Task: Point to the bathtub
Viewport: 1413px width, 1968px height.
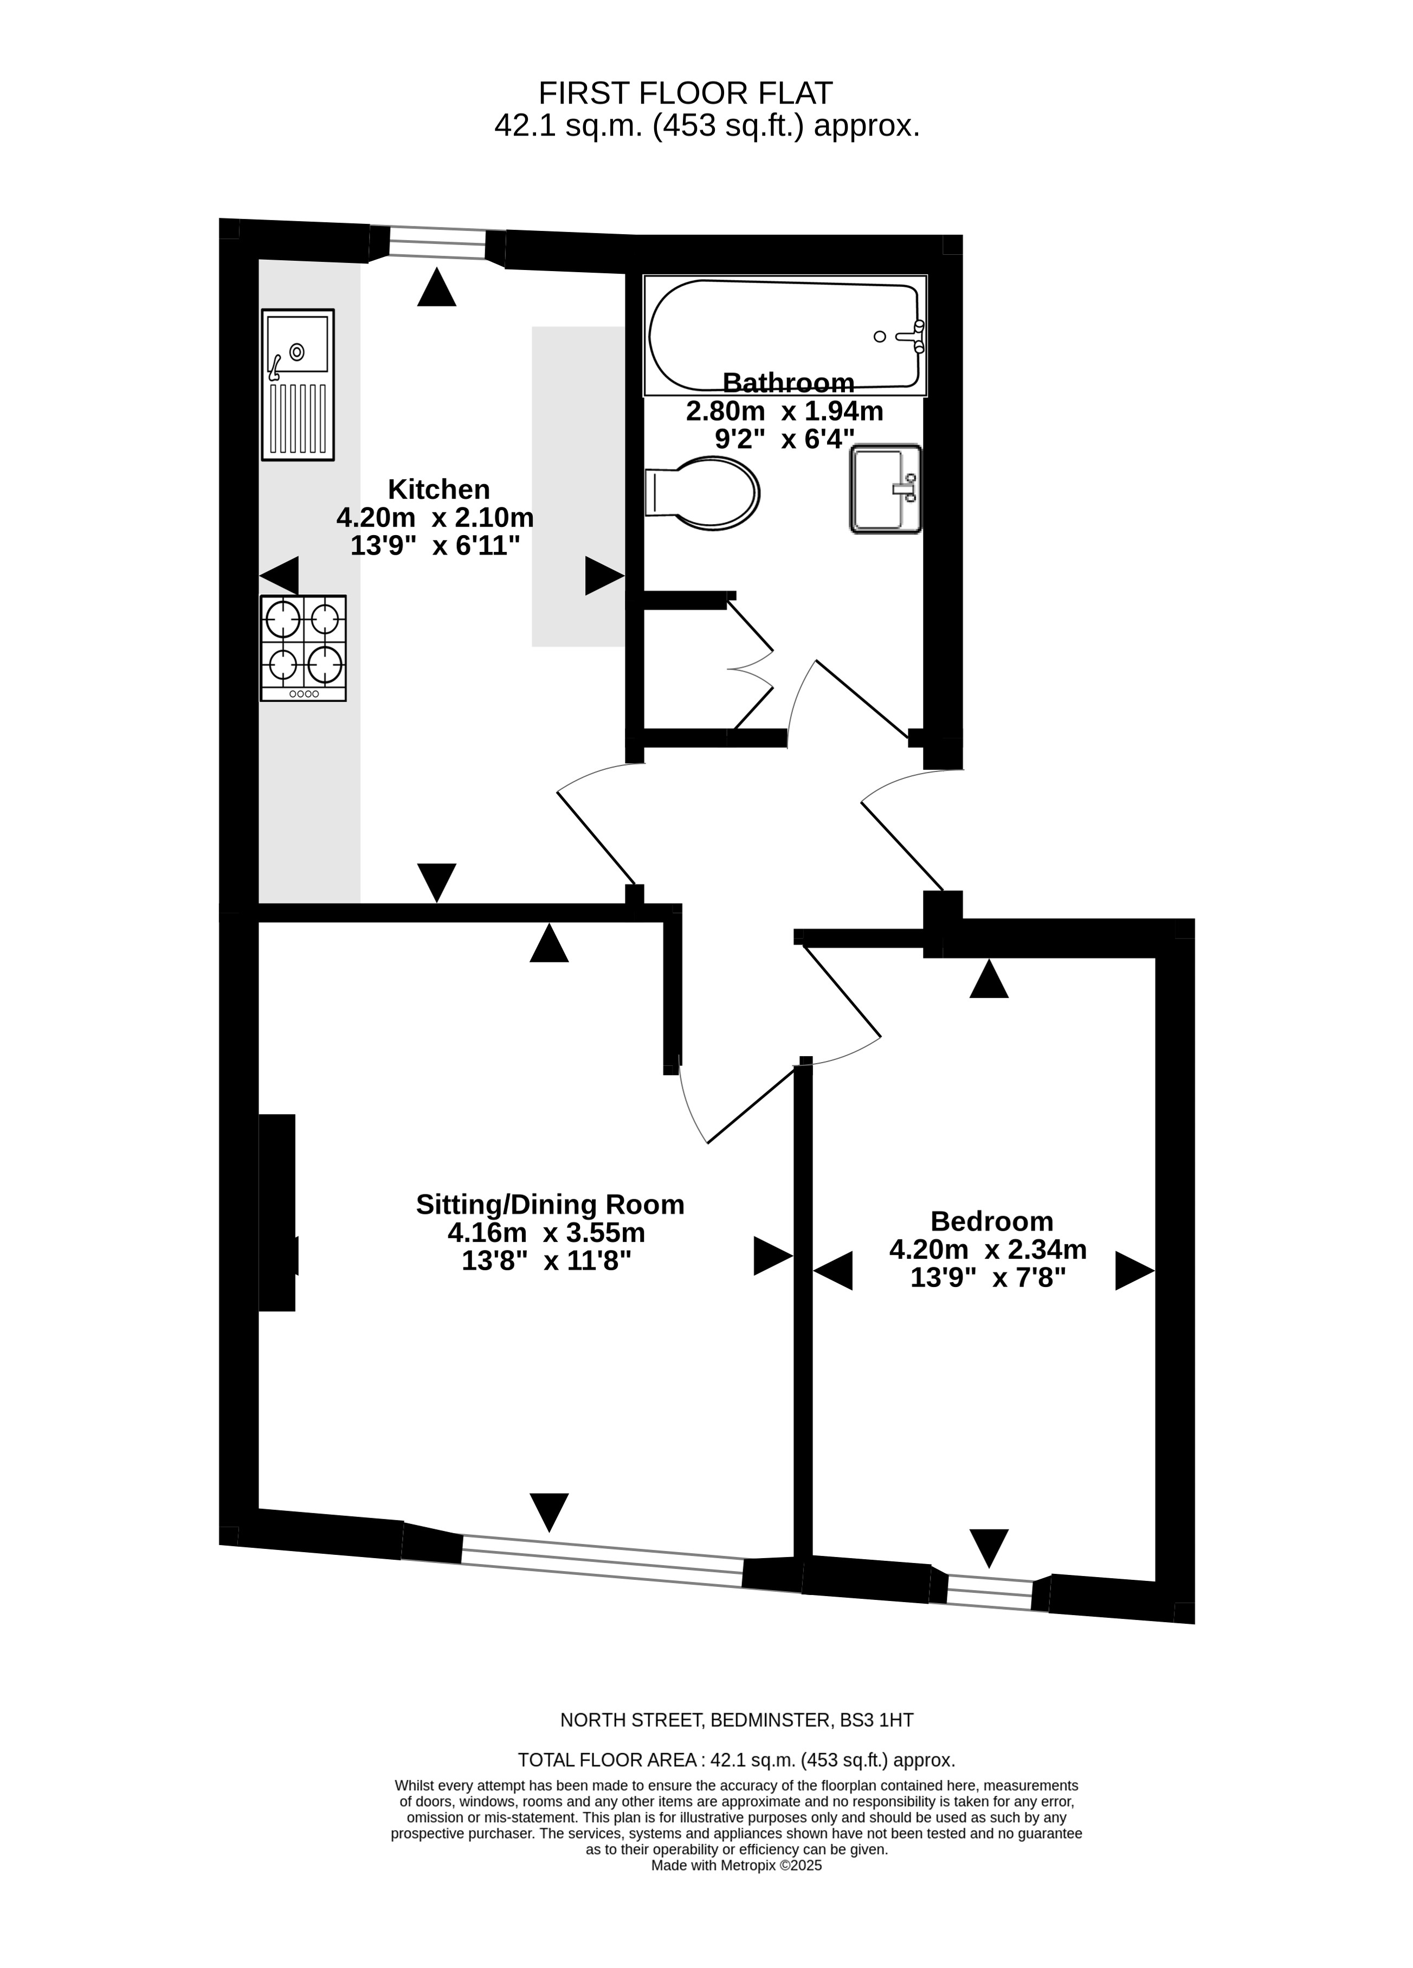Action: pyautogui.click(x=785, y=336)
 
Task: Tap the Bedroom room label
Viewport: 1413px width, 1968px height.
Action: pyautogui.click(x=991, y=1221)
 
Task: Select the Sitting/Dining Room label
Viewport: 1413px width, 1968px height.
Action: pyautogui.click(x=550, y=1205)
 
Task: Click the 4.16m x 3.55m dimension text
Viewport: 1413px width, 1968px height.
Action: pyautogui.click(x=546, y=1232)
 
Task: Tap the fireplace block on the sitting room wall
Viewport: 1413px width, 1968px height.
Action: pyautogui.click(x=278, y=1212)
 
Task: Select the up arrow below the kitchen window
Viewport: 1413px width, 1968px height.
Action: pyautogui.click(x=436, y=286)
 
